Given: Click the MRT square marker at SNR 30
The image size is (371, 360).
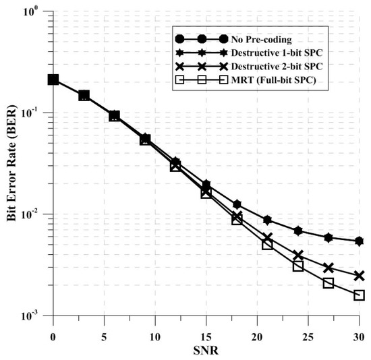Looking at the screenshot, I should point(359,295).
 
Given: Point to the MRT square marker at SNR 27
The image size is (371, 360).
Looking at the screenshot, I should point(329,283).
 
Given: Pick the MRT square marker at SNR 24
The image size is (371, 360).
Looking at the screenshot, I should point(297,266).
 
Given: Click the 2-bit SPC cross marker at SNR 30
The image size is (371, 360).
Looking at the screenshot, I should point(359,276).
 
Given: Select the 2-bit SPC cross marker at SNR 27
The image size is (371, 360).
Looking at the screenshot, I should point(329,268).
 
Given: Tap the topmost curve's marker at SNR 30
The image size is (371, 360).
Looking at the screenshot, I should point(359,241).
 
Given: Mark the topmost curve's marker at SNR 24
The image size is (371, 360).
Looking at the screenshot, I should point(297,231).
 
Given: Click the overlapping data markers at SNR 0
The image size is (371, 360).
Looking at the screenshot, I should point(53,80).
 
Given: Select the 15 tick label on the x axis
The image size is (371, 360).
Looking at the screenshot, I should point(206,336).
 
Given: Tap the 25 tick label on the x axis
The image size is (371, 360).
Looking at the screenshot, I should point(308,336).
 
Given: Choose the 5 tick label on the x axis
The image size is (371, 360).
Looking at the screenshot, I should point(104,336).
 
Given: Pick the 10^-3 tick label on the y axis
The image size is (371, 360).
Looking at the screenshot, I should point(36,316).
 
